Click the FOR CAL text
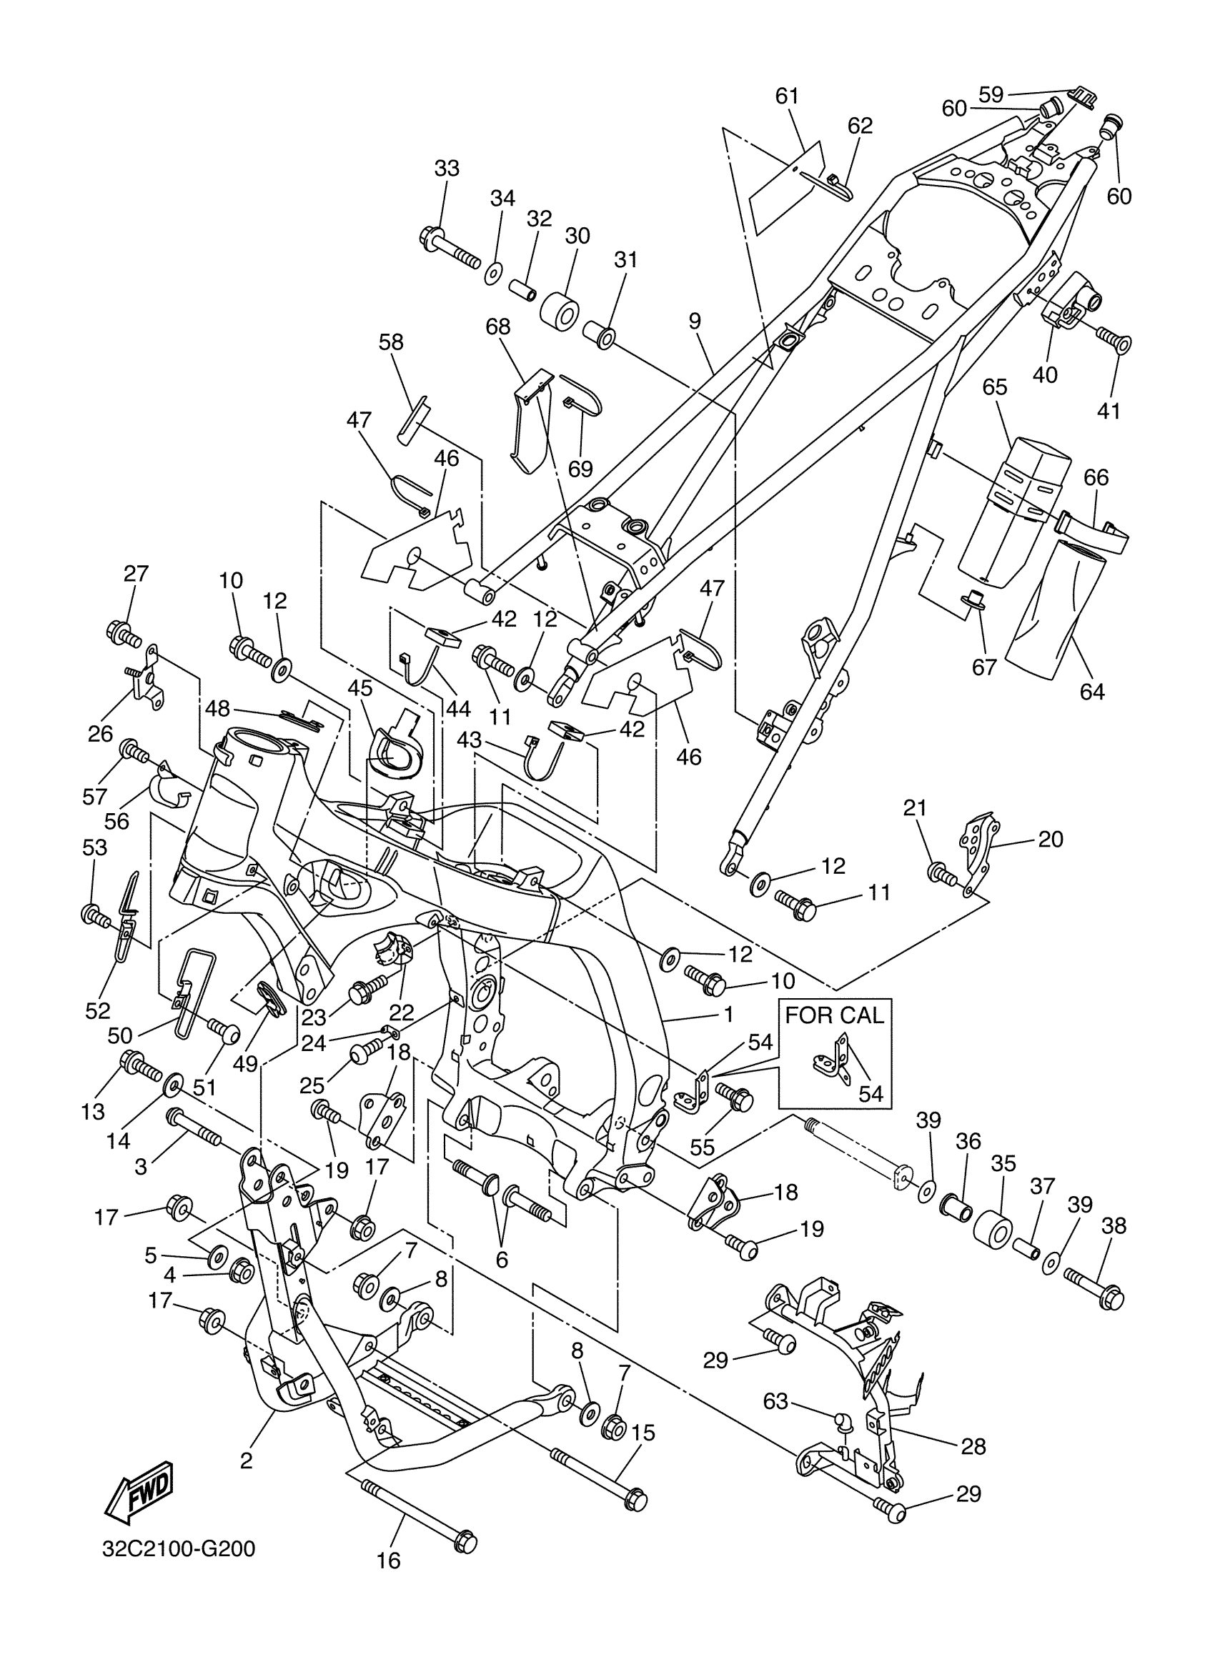point(834,1015)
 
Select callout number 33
point(447,169)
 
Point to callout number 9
point(694,321)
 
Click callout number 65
point(995,387)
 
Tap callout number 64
point(1091,692)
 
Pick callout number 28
point(974,1446)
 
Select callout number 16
point(388,1581)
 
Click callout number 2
point(247,1460)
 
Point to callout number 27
point(136,574)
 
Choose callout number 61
point(787,96)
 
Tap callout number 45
point(360,687)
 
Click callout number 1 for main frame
point(728,1015)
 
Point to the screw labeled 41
point(1113,340)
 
